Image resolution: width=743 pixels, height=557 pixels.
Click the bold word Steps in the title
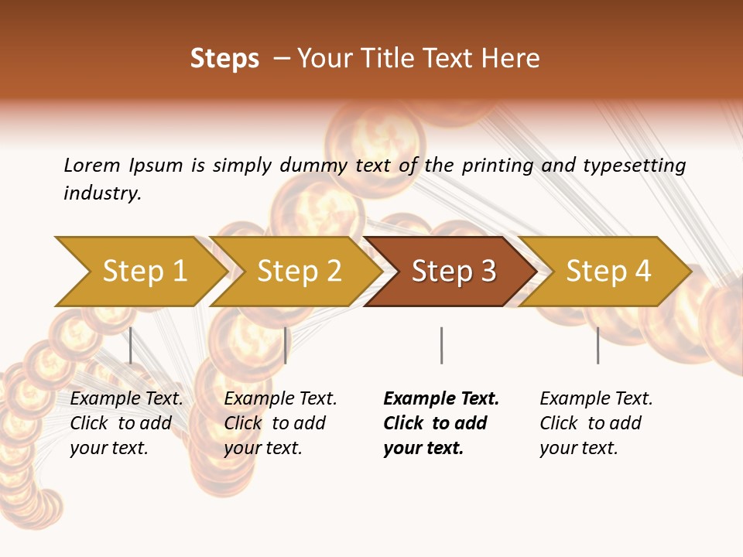pos(224,59)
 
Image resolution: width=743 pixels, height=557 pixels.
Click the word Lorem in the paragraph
pos(91,166)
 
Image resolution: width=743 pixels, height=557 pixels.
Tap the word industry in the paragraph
pos(102,193)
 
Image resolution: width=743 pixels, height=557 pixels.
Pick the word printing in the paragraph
pos(491,166)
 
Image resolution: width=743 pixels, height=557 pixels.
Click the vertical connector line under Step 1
pos(131,345)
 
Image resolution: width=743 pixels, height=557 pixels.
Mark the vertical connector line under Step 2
pos(286,345)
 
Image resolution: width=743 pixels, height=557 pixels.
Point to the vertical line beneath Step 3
pos(441,345)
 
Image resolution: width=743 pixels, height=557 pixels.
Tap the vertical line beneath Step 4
pos(597,345)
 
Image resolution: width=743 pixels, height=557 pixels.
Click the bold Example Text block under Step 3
pos(440,423)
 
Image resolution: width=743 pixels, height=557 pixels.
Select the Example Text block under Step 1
pos(126,423)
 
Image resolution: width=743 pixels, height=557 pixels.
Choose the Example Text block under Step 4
pos(596,423)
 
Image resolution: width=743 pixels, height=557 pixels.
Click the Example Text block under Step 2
pos(280,423)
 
